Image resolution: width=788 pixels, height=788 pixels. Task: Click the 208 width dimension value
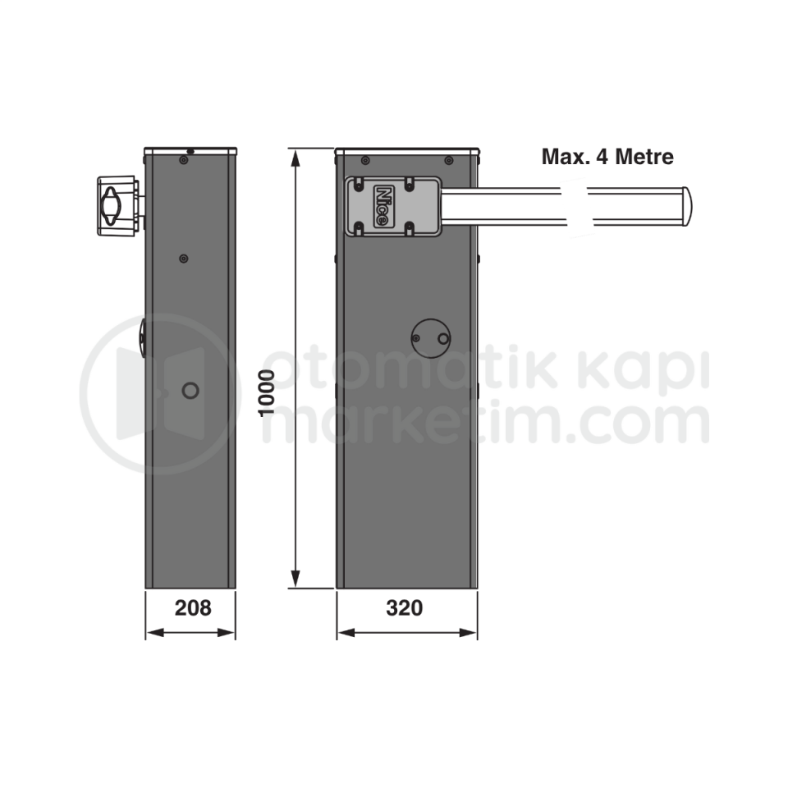pyautogui.click(x=193, y=608)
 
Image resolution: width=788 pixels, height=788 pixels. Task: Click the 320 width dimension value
pyautogui.click(x=405, y=608)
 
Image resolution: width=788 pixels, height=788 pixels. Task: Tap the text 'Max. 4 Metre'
pyautogui.click(x=607, y=156)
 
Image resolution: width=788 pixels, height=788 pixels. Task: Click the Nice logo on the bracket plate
pyautogui.click(x=383, y=205)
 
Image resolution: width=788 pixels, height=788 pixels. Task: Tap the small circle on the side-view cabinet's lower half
pyautogui.click(x=190, y=391)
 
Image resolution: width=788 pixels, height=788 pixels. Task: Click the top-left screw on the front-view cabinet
pyautogui.click(x=365, y=160)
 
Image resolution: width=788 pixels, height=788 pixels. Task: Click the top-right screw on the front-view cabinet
pyautogui.click(x=448, y=160)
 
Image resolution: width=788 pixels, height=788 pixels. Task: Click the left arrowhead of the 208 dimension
pyautogui.click(x=151, y=632)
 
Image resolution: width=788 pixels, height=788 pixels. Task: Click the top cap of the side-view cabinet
pyautogui.click(x=190, y=151)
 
